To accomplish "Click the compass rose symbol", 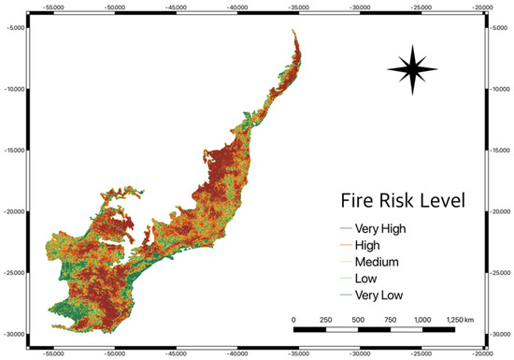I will [412, 70].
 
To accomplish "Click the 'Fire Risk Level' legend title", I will [402, 201].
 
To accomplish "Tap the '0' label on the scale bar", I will [293, 319].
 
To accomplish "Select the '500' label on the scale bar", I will [358, 319].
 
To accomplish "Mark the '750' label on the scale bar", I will [390, 319].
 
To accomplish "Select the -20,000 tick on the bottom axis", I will [480, 354].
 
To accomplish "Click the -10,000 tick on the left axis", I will [16, 89].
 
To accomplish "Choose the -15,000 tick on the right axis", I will [499, 150].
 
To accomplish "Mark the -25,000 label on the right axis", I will [499, 272].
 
